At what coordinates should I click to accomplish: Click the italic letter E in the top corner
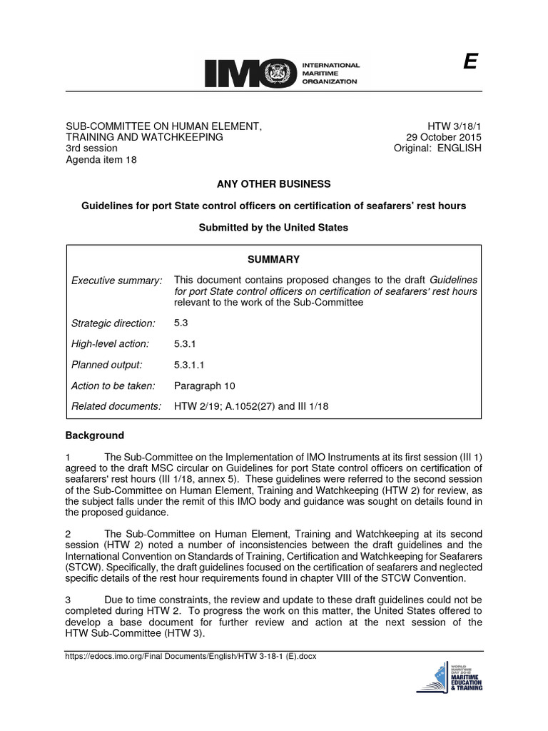pos(469,63)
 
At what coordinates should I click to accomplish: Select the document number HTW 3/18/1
pos(455,126)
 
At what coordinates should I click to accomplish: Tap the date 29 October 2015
pos(444,137)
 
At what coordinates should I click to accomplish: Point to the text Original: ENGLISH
pos(437,148)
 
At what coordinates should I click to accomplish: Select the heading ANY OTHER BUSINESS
pos(274,183)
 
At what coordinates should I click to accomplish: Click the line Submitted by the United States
pos(274,228)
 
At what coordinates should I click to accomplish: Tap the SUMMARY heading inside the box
pos(273,259)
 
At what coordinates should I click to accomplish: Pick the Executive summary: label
pos(117,281)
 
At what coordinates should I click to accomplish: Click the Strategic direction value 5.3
pos(181,323)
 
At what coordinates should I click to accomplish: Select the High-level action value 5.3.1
pos(184,343)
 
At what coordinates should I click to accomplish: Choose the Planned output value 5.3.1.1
pos(188,365)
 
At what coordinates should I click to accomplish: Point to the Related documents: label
pos(117,406)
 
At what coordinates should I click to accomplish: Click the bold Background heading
pos(95,435)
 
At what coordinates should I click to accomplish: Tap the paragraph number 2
pos(68,534)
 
